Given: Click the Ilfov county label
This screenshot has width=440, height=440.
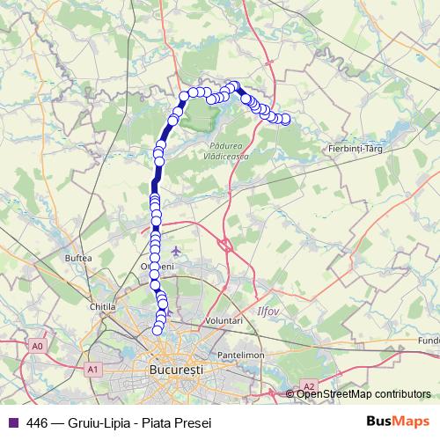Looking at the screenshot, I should pyautogui.click(x=267, y=311).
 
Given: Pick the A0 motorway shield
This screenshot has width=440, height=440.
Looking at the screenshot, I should pyautogui.click(x=36, y=347).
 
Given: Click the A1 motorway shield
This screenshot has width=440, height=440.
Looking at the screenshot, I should pyautogui.click(x=92, y=370).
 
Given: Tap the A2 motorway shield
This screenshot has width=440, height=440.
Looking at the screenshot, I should pyautogui.click(x=309, y=385).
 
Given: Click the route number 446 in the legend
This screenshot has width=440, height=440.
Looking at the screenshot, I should pyautogui.click(x=37, y=422).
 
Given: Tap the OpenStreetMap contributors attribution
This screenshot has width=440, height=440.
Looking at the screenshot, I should pyautogui.click(x=363, y=393).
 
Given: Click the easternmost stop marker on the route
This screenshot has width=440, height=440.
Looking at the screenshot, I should pyautogui.click(x=284, y=120).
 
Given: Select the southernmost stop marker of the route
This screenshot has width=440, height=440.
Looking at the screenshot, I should pyautogui.click(x=158, y=330).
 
